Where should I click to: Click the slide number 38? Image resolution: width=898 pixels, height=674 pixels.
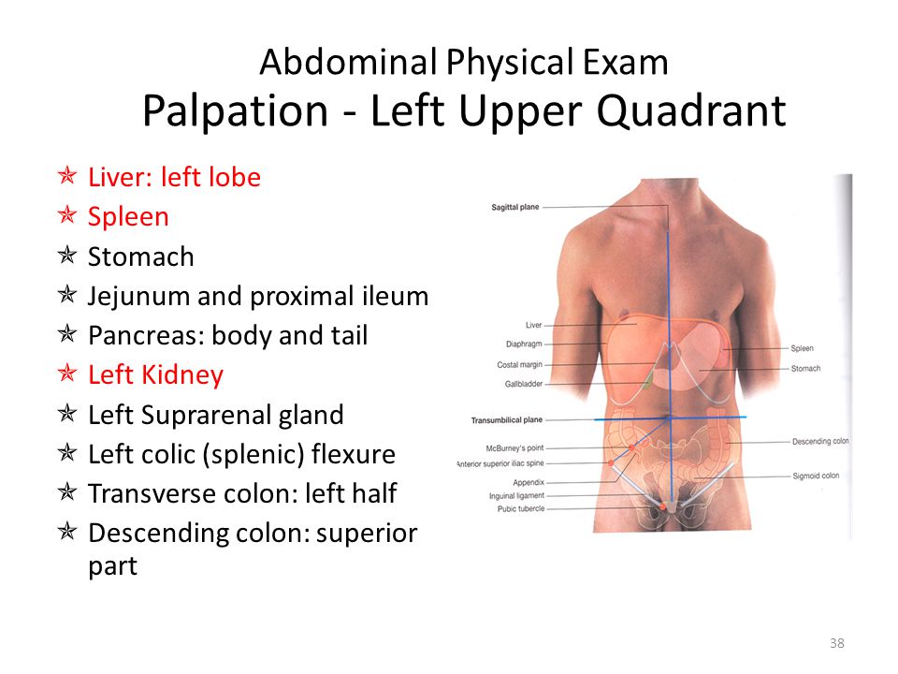click(836, 643)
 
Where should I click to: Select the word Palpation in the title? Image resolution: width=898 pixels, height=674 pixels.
click(236, 110)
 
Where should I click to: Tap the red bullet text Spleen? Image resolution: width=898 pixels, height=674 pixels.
click(128, 217)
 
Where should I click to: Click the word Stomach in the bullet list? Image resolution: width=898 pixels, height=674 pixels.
click(141, 256)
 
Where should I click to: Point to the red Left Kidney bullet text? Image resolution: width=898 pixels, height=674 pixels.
click(156, 374)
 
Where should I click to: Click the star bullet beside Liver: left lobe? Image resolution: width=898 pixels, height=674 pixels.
click(67, 175)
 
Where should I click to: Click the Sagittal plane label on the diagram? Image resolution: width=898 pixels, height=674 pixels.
click(515, 207)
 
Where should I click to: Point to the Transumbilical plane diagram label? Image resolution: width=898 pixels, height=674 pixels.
click(507, 420)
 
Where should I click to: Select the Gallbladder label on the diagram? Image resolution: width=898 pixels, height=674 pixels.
click(524, 384)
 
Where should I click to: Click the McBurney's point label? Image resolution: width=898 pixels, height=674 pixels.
click(514, 448)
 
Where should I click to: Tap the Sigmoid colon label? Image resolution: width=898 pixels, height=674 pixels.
click(816, 476)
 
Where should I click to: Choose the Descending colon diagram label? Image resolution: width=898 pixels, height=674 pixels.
click(820, 441)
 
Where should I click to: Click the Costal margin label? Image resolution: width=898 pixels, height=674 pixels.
click(519, 365)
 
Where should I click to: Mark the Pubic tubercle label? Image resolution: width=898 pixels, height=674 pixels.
click(521, 509)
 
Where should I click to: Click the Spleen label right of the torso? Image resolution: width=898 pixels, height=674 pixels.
click(803, 348)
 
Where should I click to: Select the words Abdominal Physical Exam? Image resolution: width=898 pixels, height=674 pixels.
click(464, 62)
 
